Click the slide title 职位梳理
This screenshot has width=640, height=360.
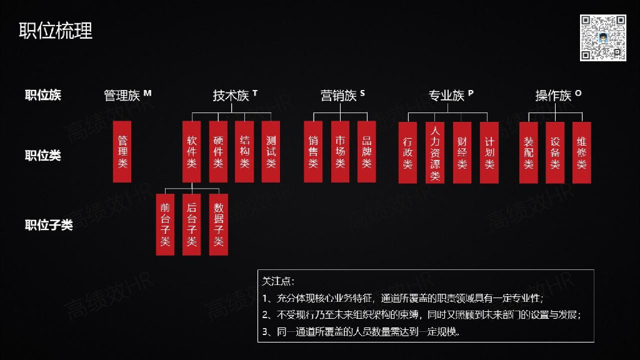point(56,30)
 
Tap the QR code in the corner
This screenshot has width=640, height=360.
point(602,37)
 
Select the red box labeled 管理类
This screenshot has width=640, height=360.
point(122,152)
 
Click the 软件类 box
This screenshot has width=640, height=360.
point(191,152)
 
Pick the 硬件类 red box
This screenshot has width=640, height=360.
point(218,152)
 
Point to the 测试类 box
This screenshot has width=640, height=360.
point(271,152)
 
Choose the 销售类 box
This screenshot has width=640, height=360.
point(313,152)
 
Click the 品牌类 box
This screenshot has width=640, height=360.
point(366,152)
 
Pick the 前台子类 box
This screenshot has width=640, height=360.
point(165,224)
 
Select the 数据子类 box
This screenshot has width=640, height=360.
point(219,224)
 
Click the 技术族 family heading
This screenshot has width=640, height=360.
point(231,96)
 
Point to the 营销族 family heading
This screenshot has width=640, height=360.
point(338,96)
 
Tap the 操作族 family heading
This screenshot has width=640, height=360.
point(553,96)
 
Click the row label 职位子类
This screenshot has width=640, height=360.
point(49,225)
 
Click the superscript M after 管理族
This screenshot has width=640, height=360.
point(147,93)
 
